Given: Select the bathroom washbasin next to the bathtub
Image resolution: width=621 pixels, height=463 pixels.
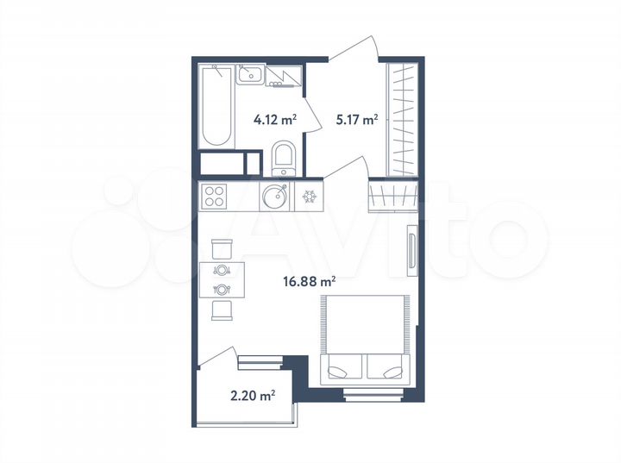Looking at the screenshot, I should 251,74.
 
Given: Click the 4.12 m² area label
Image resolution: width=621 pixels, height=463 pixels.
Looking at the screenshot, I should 274,121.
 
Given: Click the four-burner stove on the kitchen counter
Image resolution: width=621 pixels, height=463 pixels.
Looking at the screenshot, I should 215,196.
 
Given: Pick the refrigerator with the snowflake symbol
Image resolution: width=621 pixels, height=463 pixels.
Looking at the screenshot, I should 309,196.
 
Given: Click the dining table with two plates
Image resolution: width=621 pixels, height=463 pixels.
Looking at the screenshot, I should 222,278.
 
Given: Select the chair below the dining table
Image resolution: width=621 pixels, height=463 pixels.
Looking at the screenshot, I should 222,310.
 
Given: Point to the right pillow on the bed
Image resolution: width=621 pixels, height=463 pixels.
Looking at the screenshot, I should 386,370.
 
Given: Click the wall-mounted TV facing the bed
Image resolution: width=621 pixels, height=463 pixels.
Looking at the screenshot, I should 413,253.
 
